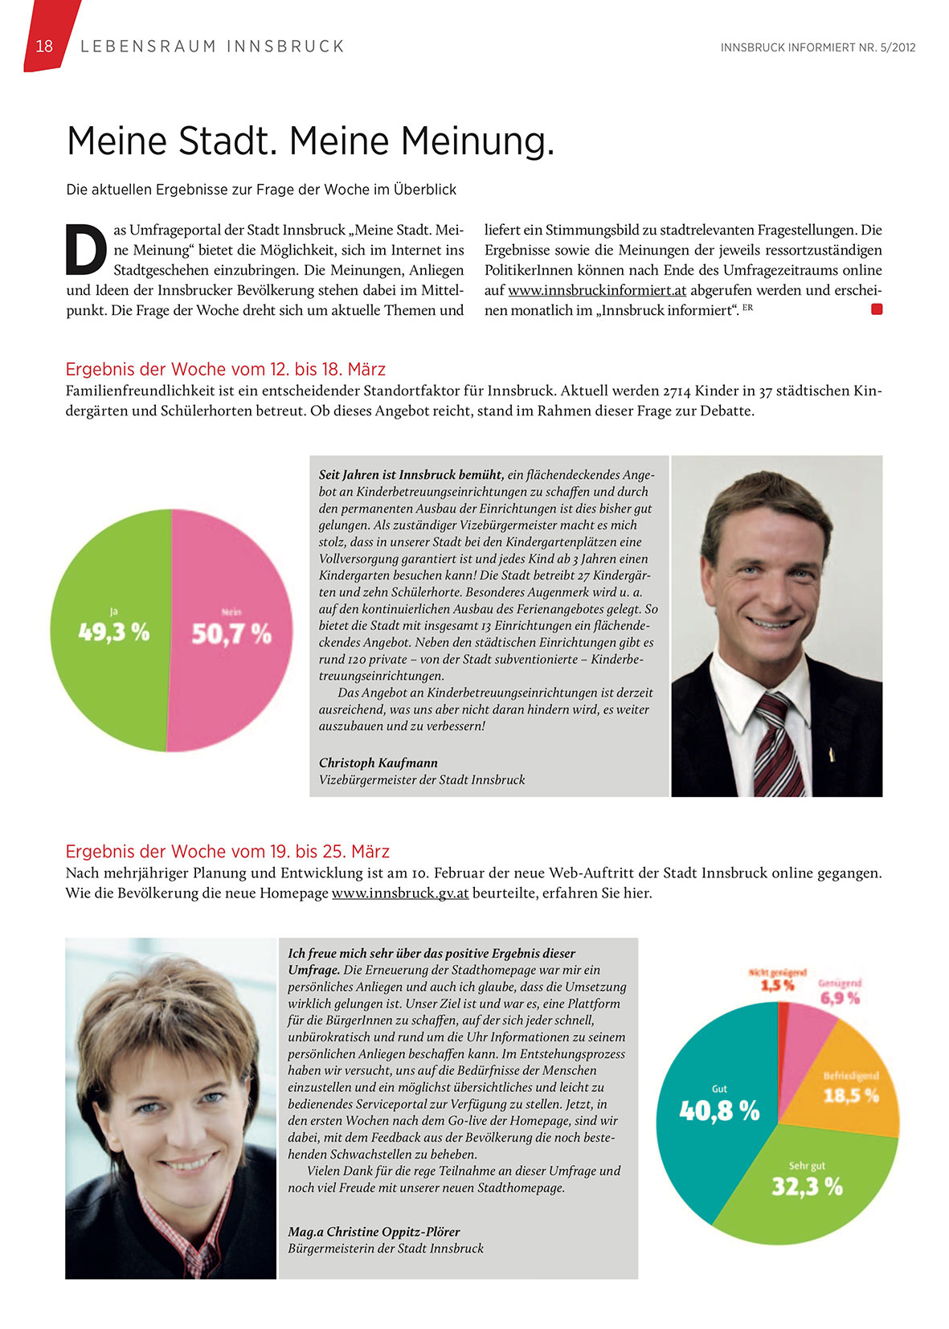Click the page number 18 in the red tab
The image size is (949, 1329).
[44, 47]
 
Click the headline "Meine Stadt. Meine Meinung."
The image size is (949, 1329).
[310, 141]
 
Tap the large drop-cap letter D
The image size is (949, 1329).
[85, 249]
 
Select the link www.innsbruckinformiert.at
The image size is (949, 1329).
[597, 290]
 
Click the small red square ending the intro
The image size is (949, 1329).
[877, 309]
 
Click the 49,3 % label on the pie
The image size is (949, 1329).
[114, 633]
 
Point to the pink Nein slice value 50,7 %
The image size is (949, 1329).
[231, 635]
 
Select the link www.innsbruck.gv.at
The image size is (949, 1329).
[400, 893]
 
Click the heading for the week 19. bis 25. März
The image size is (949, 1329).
[227, 851]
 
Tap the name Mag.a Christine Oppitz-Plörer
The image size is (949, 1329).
[374, 1231]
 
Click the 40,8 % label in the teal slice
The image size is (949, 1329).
[719, 1111]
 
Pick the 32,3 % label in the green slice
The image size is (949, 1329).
[807, 1186]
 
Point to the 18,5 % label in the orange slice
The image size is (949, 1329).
[851, 1095]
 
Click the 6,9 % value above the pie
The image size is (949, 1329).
[840, 998]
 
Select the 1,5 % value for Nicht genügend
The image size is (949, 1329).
[778, 985]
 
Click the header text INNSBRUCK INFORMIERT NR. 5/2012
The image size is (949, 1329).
[818, 47]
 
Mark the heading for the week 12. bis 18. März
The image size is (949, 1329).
[226, 370]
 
